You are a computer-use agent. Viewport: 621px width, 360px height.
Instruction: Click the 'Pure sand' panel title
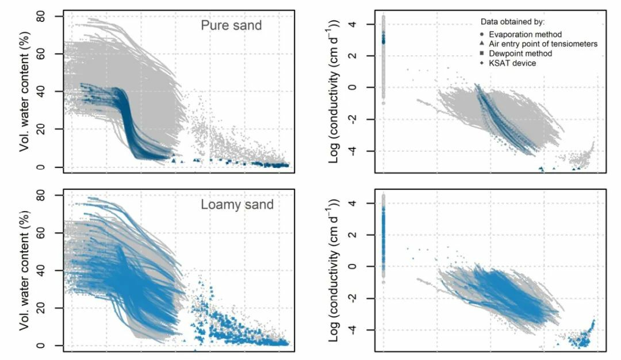pos(231,26)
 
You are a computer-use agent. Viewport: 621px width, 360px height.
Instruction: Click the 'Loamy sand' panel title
pos(237,205)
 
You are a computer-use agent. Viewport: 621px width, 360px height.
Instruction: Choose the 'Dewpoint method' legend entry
pos(520,53)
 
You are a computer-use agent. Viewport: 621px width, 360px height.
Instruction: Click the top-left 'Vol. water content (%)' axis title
pos(25,92)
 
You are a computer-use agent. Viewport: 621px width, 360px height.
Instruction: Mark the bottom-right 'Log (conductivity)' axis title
pos(335,270)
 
